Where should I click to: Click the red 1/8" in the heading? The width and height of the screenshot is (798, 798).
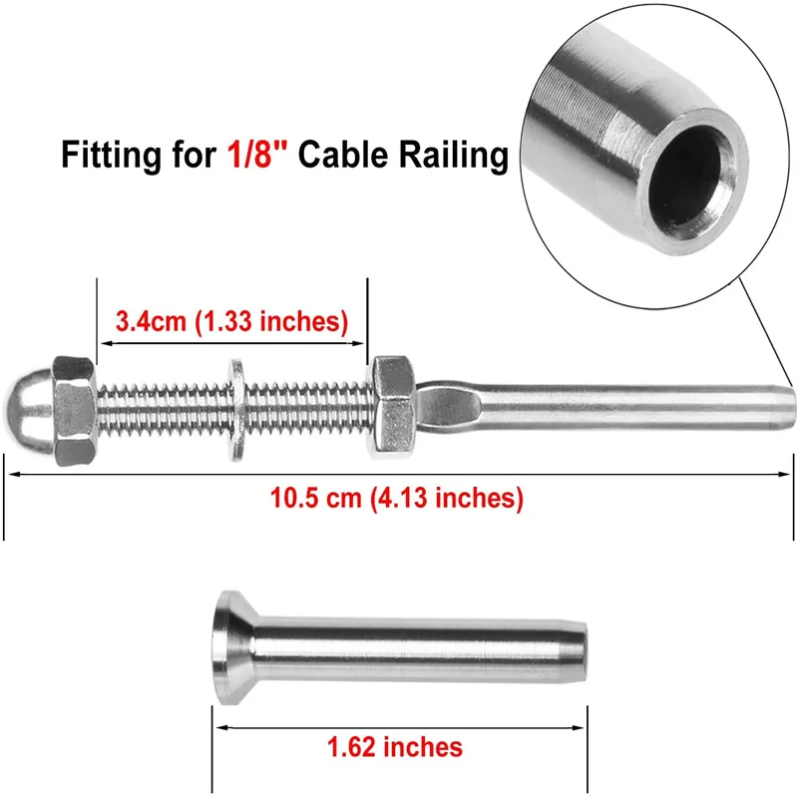tap(257, 154)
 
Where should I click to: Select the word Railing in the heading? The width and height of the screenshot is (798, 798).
tap(454, 156)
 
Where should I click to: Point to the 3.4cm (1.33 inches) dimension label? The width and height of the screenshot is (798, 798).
tap(232, 321)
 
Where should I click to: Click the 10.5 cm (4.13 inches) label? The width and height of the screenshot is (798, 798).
tap(396, 497)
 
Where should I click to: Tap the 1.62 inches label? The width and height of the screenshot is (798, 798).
tap(395, 746)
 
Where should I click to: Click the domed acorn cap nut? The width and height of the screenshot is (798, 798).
tap(50, 411)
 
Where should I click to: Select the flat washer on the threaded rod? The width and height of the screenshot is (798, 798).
tap(236, 410)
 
